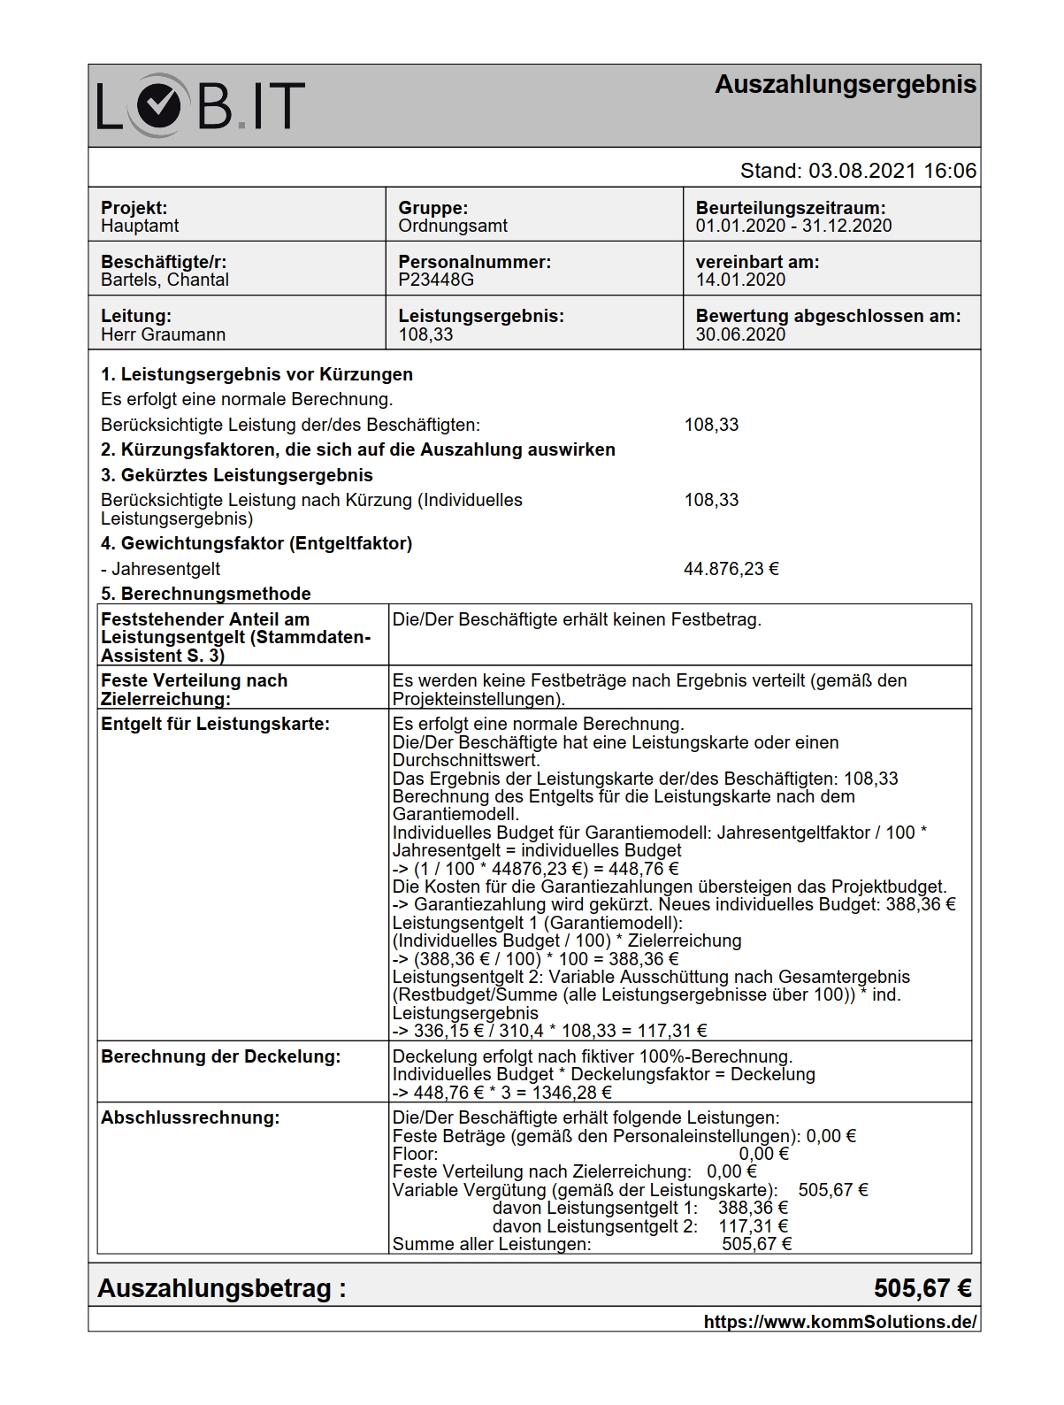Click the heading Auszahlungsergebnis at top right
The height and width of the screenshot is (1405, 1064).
pos(845,85)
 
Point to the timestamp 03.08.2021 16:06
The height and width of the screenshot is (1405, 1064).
pos(892,171)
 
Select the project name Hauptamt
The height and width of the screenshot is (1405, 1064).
pos(140,226)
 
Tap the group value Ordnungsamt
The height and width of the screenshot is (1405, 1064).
pos(453,226)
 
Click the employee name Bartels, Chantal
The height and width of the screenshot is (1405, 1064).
pos(165,280)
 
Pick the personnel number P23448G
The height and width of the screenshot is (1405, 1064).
pos(436,280)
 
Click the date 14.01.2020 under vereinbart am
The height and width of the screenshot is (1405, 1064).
pos(740,280)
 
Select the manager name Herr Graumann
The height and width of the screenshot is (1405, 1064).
pos(163,334)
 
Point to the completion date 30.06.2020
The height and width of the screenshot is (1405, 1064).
pos(740,334)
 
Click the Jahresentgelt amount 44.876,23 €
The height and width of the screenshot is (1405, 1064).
pos(731,569)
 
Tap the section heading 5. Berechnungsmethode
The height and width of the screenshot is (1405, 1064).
pos(205,594)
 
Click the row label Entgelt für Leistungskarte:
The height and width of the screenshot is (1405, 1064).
pos(215,724)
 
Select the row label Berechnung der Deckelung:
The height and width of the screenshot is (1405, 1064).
pos(220,1056)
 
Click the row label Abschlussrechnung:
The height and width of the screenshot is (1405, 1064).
pos(190,1117)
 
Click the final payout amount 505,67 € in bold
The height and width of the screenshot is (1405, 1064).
pos(922,1288)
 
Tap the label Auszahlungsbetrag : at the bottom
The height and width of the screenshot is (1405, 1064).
pos(221,1288)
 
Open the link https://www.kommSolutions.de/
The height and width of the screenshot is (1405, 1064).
pos(839,1322)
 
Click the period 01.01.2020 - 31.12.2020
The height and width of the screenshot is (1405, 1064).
pos(793,226)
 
